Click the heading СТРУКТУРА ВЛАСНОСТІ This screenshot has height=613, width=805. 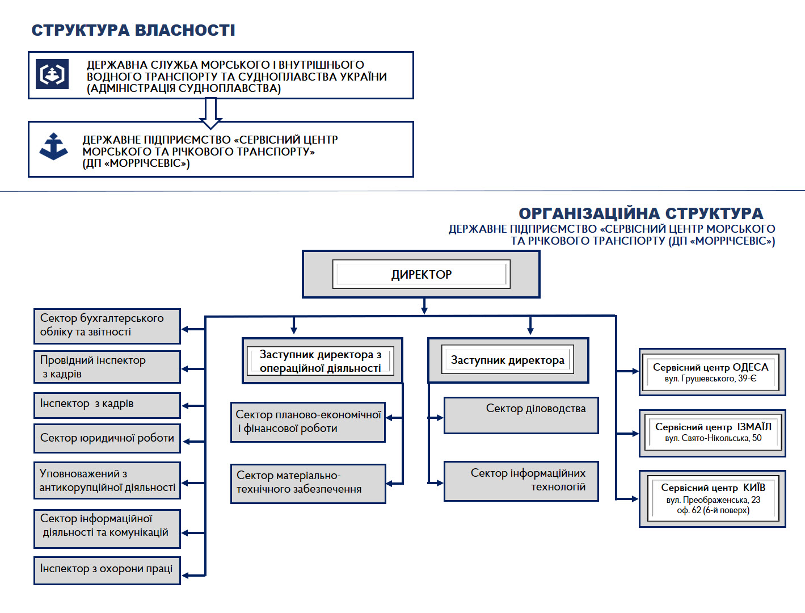[133, 30]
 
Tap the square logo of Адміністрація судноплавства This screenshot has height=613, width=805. [52, 74]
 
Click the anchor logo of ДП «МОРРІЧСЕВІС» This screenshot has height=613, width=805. [53, 146]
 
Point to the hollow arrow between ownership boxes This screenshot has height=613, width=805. [210, 113]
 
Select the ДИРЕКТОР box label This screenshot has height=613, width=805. [421, 274]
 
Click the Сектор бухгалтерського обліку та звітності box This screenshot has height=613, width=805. [107, 326]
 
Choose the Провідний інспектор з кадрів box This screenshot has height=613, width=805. [107, 367]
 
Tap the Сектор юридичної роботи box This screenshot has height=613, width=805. [107, 438]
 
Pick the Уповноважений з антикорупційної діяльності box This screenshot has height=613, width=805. [107, 480]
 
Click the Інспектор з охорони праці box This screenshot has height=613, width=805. [107, 570]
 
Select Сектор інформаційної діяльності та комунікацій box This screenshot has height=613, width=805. [107, 528]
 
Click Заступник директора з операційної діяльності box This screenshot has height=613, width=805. [322, 360]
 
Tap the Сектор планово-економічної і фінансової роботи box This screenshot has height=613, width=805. [308, 422]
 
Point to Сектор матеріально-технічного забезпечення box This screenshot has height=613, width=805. [308, 484]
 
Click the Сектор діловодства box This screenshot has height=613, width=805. [521, 415]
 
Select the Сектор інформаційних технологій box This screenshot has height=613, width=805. [521, 481]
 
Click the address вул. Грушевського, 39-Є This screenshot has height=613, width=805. [710, 379]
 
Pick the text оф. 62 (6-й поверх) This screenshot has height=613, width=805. [713, 510]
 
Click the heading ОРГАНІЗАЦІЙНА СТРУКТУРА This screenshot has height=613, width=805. [640, 213]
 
